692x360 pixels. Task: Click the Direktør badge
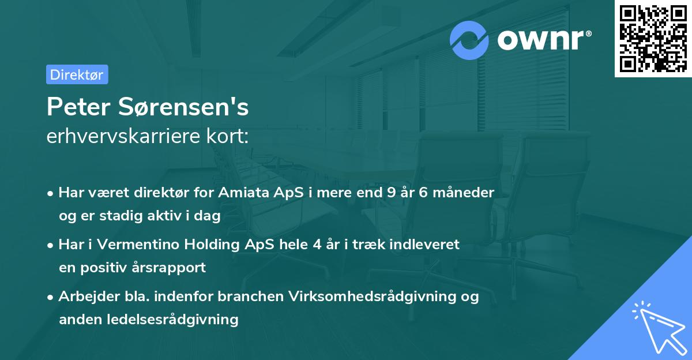point(77,74)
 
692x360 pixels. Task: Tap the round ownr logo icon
point(469,40)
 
